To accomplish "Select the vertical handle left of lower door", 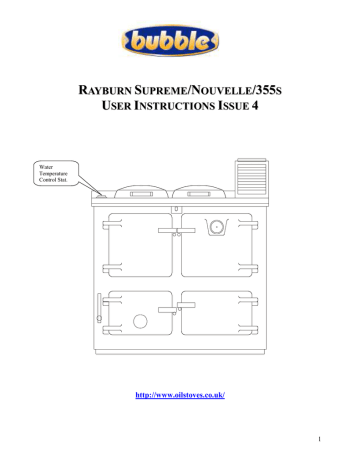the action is tap(98, 309).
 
